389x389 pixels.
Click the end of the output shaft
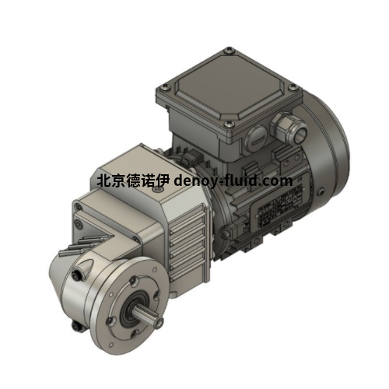(x=159, y=322)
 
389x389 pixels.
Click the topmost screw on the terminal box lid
(x=228, y=51)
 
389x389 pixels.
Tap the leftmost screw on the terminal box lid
(x=163, y=88)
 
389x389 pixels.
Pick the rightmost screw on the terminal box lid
(x=294, y=87)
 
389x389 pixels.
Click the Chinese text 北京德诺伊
(x=134, y=180)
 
